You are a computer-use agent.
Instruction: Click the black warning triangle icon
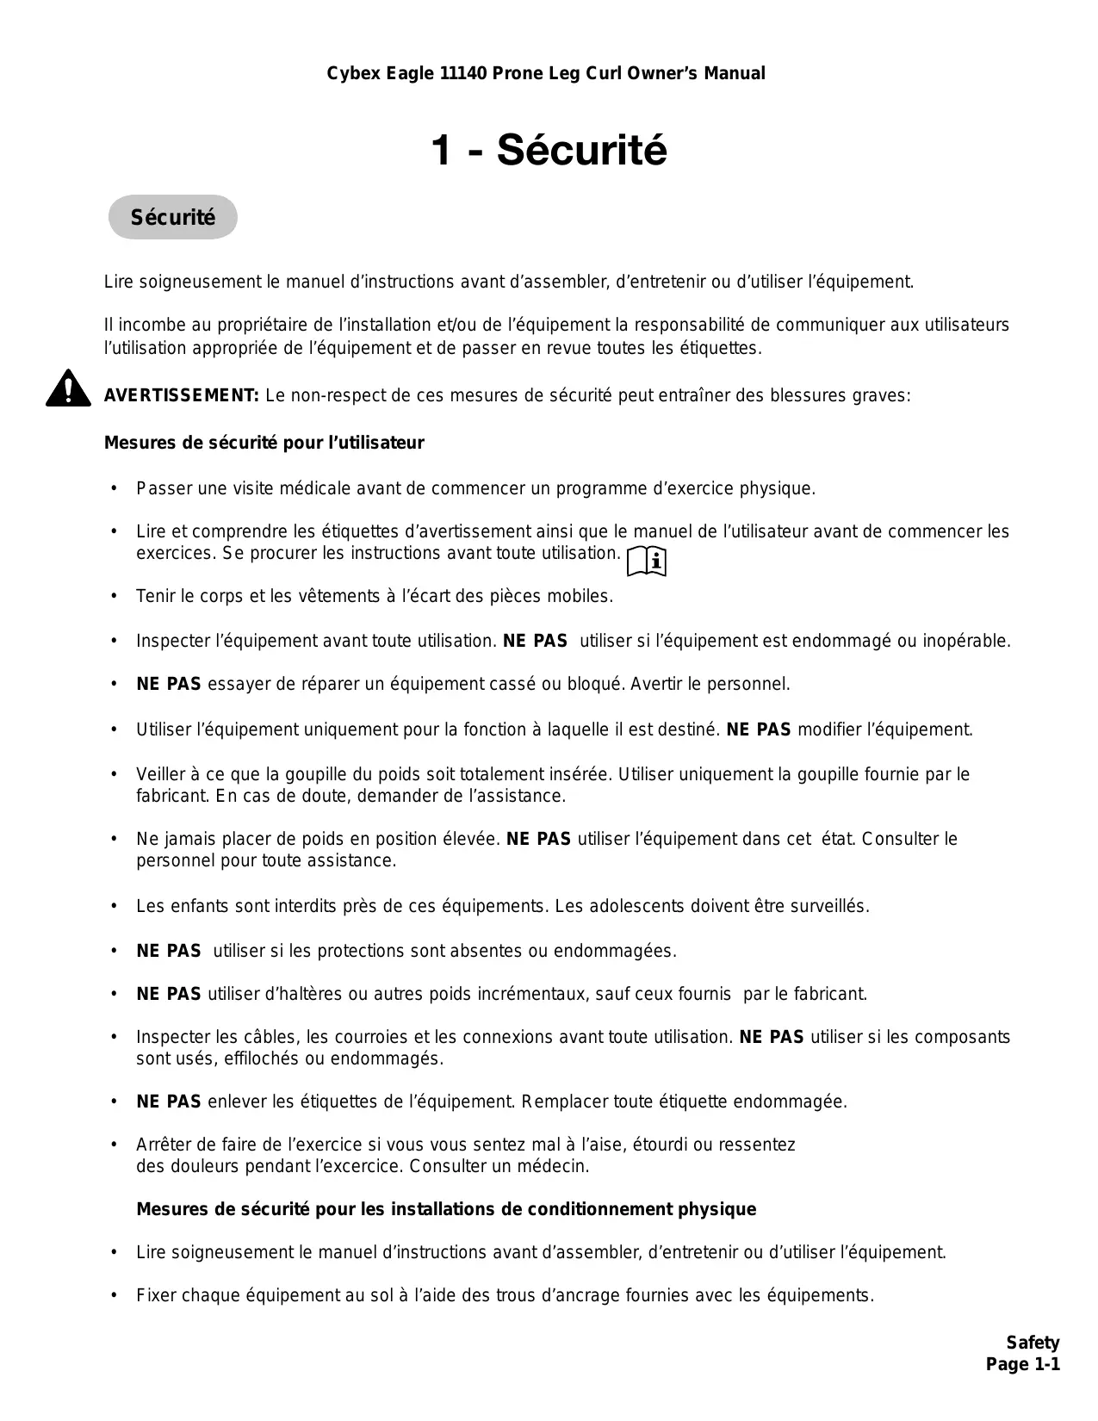(69, 389)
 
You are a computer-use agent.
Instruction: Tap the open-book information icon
(647, 561)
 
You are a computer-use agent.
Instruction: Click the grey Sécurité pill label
(172, 217)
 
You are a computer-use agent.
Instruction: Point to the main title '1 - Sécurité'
(549, 151)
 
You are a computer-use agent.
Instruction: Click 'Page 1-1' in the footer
(1022, 1364)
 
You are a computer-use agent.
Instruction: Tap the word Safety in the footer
(1033, 1343)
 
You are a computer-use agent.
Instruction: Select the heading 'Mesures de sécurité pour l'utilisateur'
(264, 443)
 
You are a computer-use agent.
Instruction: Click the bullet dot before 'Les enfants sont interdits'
(114, 906)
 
